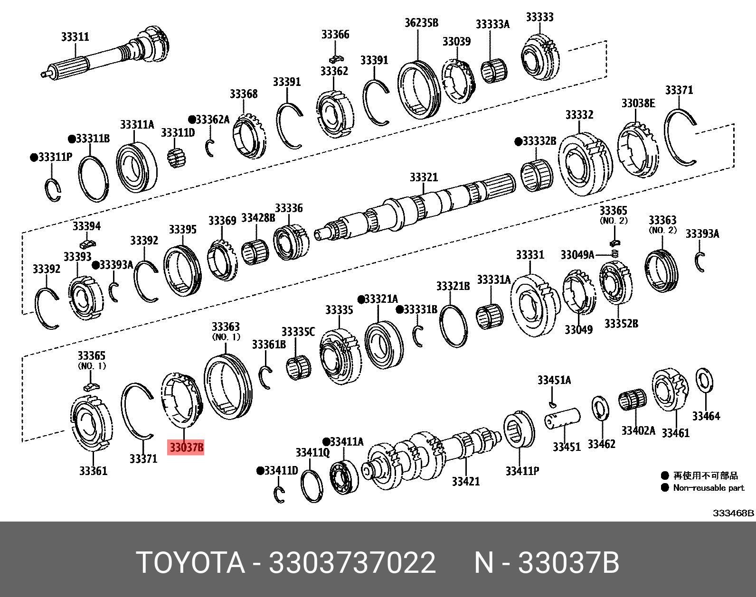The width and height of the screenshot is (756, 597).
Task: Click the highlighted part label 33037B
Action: [x=186, y=447]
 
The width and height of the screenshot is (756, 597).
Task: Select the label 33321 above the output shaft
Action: [x=424, y=177]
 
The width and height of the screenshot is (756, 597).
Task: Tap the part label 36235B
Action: [x=421, y=22]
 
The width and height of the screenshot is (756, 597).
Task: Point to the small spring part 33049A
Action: [x=615, y=254]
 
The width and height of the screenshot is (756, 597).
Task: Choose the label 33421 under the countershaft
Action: [x=465, y=481]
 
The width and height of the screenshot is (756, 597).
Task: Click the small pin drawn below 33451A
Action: [x=552, y=404]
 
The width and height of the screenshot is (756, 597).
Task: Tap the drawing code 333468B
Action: [x=733, y=513]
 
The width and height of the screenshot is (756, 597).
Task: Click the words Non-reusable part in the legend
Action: [x=709, y=488]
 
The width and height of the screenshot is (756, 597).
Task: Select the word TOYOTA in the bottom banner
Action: [x=190, y=563]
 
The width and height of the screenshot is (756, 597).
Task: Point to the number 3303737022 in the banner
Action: [x=352, y=563]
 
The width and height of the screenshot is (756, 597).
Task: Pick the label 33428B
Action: [x=258, y=218]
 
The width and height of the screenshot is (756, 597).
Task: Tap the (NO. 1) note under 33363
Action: [x=226, y=337]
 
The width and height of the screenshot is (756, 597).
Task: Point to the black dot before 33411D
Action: [x=260, y=471]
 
